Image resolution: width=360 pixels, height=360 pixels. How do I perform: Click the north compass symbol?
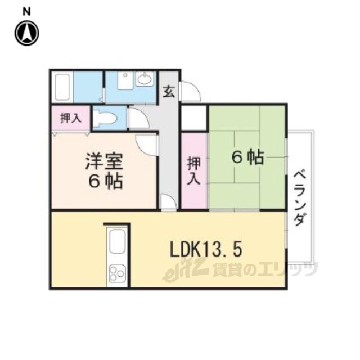point(26,33)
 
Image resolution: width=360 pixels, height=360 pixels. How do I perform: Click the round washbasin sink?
point(145,79)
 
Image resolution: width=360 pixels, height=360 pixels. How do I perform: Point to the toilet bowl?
point(105,118)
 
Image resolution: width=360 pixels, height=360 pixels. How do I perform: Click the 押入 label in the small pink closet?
point(70,118)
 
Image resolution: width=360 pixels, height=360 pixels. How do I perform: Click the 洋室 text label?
point(103,161)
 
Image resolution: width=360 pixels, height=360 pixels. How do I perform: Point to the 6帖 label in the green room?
point(247,157)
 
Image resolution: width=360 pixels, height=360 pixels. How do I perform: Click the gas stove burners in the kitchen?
point(117,274)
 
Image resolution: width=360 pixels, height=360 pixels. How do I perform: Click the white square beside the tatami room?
point(194,118)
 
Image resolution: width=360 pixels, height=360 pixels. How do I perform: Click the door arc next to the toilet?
point(138,119)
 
